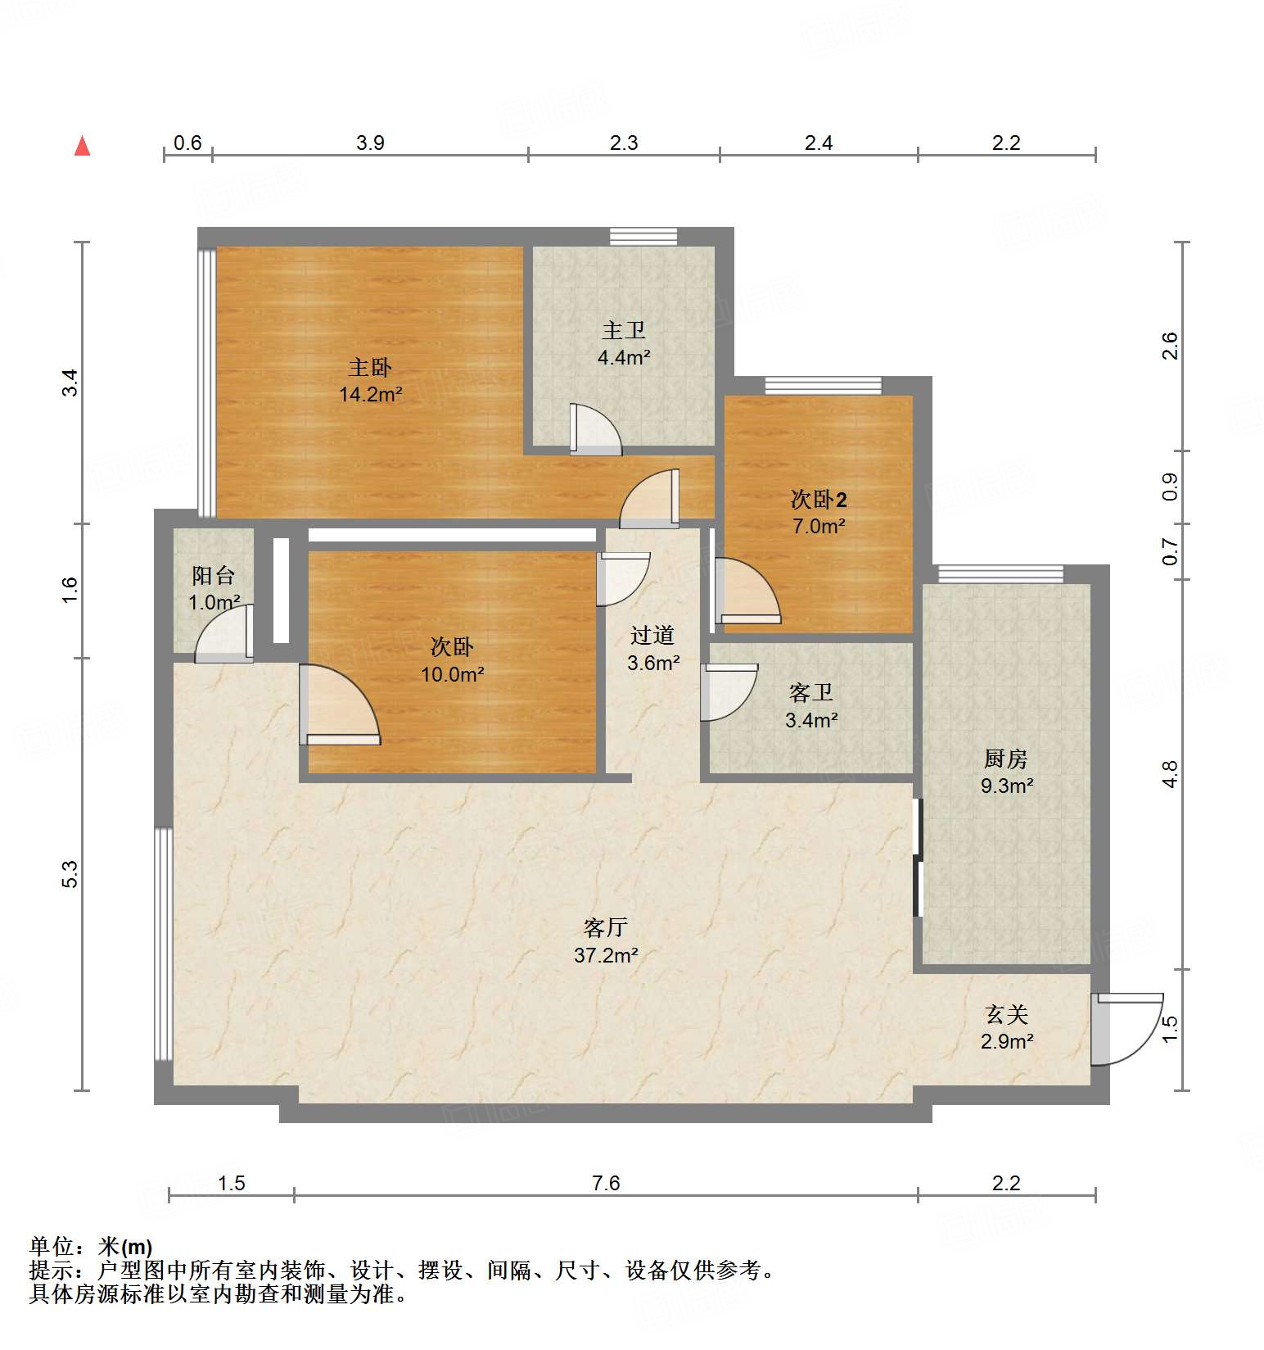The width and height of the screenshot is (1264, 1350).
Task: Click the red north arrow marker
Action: click(82, 147)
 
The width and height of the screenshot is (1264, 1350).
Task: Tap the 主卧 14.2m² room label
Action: click(370, 380)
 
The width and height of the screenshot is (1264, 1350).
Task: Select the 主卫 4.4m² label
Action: click(624, 343)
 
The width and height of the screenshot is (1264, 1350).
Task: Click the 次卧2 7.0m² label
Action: click(818, 512)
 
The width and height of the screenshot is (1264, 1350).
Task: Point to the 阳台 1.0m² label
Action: click(214, 588)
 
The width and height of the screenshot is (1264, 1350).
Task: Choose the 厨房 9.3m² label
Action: click(1006, 772)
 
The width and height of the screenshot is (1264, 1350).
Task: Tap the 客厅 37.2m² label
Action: click(606, 940)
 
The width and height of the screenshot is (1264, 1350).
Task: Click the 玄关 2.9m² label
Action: click(1006, 1027)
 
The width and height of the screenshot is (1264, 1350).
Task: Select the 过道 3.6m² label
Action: click(652, 648)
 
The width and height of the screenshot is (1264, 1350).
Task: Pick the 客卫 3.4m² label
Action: click(810, 706)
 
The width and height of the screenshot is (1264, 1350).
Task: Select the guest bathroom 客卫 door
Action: click(727, 691)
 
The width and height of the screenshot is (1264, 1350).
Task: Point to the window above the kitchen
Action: click(1000, 573)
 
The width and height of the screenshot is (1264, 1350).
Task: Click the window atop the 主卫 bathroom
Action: click(643, 236)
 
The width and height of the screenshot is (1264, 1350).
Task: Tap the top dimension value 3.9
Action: click(370, 143)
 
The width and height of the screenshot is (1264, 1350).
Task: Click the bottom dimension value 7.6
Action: click(606, 1183)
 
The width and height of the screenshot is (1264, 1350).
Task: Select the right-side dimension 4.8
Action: click(1171, 774)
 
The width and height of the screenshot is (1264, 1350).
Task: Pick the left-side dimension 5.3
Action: click(70, 874)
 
